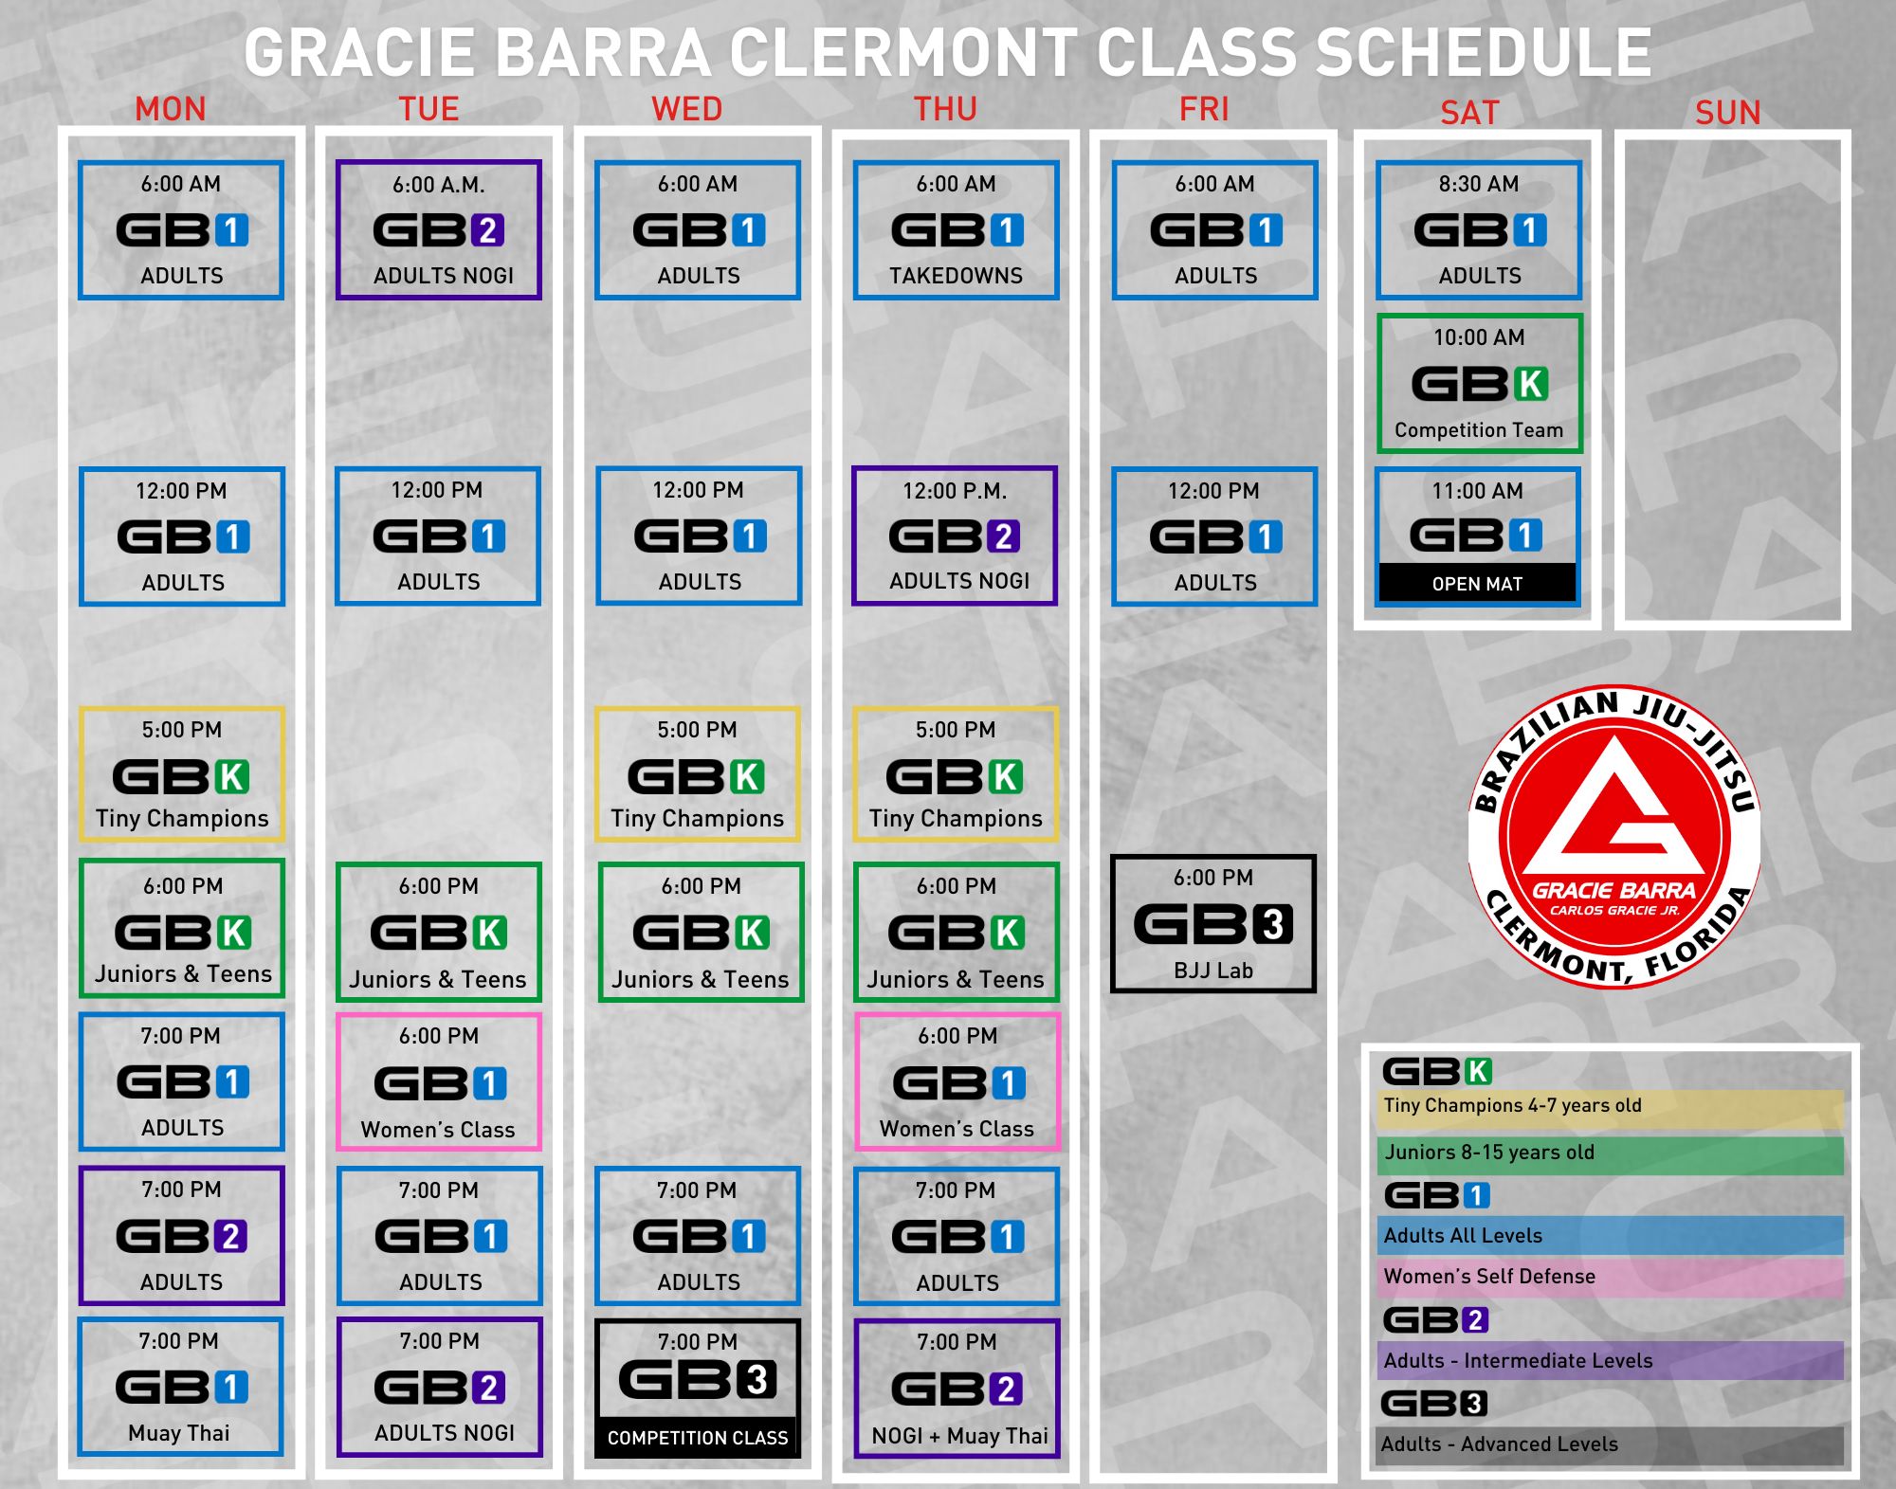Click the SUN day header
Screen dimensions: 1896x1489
click(x=1727, y=113)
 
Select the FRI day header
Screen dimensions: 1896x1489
click(x=1204, y=109)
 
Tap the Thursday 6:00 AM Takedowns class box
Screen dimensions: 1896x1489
click(x=956, y=230)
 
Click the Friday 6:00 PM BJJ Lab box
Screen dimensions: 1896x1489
click(x=1213, y=924)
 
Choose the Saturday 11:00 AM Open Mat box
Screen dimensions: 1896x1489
click(x=1478, y=536)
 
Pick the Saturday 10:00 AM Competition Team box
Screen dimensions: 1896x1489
click(x=1480, y=384)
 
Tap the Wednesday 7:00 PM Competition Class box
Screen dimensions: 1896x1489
click(x=698, y=1389)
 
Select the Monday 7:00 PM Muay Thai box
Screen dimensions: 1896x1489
click(x=180, y=1387)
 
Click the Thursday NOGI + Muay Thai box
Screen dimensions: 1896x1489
click(x=957, y=1389)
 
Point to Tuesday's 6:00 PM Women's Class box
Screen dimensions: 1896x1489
click(x=439, y=1082)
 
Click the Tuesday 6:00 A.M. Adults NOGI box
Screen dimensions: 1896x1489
click(x=439, y=230)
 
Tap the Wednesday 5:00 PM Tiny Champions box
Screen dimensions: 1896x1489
click(x=698, y=774)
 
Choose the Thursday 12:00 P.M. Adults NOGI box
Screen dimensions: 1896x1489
click(x=955, y=536)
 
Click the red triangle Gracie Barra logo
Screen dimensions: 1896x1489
click(x=1614, y=836)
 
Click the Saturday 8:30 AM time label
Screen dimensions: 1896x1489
click(x=1479, y=184)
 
